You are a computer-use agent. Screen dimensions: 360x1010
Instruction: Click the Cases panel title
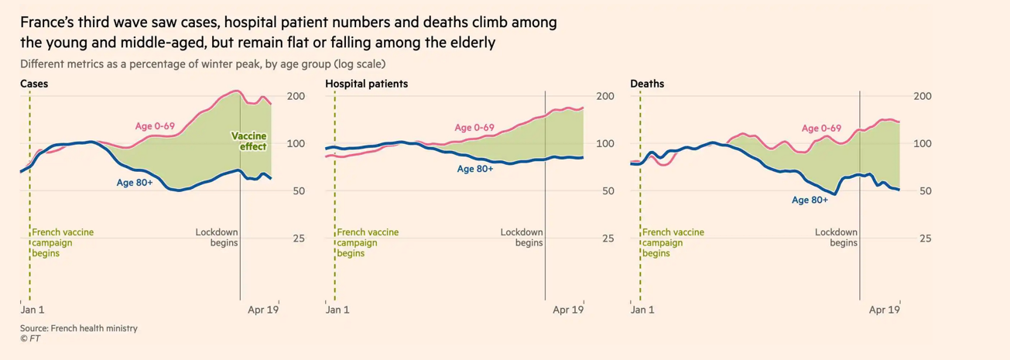click(34, 84)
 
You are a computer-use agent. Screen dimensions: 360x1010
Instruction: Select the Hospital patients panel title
click(366, 84)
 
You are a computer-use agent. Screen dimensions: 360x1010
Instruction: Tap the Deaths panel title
click(647, 84)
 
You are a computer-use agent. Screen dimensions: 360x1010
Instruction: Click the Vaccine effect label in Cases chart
click(249, 142)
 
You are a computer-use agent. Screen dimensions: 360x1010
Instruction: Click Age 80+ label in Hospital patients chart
click(475, 169)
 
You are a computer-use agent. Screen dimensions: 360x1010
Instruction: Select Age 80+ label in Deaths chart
click(810, 200)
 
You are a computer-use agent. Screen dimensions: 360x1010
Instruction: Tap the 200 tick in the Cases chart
click(296, 96)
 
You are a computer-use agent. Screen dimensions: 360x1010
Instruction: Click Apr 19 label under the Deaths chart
click(884, 310)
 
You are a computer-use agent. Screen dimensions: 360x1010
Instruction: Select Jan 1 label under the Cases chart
click(32, 310)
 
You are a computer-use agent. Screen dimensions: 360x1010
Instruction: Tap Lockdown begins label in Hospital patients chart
click(522, 238)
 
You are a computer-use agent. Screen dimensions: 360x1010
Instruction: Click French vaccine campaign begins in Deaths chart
click(673, 242)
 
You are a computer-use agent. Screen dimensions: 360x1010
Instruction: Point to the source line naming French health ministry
click(79, 328)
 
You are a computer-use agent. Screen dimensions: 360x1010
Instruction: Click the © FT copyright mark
click(30, 338)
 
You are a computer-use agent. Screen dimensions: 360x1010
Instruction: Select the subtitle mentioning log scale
click(203, 63)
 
